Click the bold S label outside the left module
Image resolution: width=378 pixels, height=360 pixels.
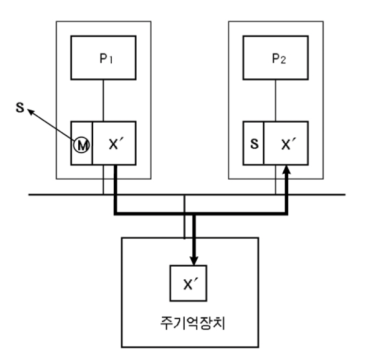pyautogui.click(x=20, y=107)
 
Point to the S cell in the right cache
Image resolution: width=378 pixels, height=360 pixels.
pyautogui.click(x=254, y=144)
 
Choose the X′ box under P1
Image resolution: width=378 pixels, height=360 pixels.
pyautogui.click(x=114, y=144)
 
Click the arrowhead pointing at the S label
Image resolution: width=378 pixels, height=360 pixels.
pyautogui.click(x=31, y=112)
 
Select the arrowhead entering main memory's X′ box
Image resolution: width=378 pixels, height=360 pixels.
pyautogui.click(x=194, y=261)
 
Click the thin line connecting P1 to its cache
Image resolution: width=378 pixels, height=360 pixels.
pyautogui.click(x=103, y=101)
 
